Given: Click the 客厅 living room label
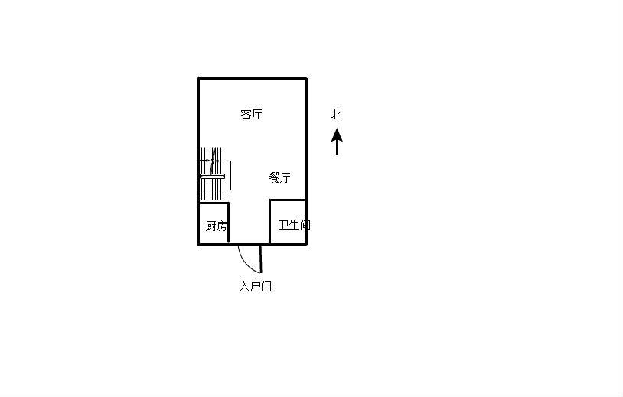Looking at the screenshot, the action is [252, 114].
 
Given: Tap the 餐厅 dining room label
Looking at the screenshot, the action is [279, 177].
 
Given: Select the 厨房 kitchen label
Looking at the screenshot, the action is [216, 226].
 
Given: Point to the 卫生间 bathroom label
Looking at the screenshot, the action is [294, 226].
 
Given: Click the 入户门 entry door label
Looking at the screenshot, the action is [256, 286].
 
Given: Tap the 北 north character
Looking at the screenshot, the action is [337, 114].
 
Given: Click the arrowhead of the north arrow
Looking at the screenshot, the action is [337, 134].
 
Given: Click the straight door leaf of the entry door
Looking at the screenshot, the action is [261, 259].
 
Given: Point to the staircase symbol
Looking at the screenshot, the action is [214, 174].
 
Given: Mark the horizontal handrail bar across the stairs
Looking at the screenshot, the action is [212, 176].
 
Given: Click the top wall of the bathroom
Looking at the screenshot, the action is [288, 200].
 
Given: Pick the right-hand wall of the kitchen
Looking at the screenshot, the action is [229, 223].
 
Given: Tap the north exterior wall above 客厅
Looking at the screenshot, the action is [253, 78].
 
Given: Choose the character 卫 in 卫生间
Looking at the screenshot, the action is [283, 226].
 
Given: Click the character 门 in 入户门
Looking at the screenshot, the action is [266, 286].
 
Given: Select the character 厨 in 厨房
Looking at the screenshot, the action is [210, 226].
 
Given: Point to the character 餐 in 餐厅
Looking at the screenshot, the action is [274, 177].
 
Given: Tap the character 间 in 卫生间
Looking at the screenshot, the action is [305, 226].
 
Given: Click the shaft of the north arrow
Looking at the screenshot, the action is [337, 148].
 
